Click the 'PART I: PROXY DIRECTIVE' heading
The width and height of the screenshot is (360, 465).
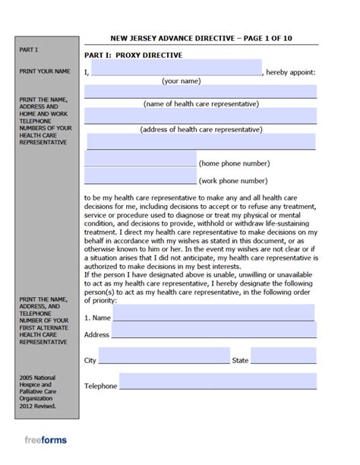coord(134,55)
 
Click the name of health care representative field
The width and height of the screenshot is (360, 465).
coord(201,91)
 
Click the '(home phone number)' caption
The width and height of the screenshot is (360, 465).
coord(232,163)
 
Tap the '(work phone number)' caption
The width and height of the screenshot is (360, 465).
coord(232,181)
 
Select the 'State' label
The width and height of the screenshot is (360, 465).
coord(240,360)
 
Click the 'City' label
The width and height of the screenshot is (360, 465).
coord(90,360)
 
